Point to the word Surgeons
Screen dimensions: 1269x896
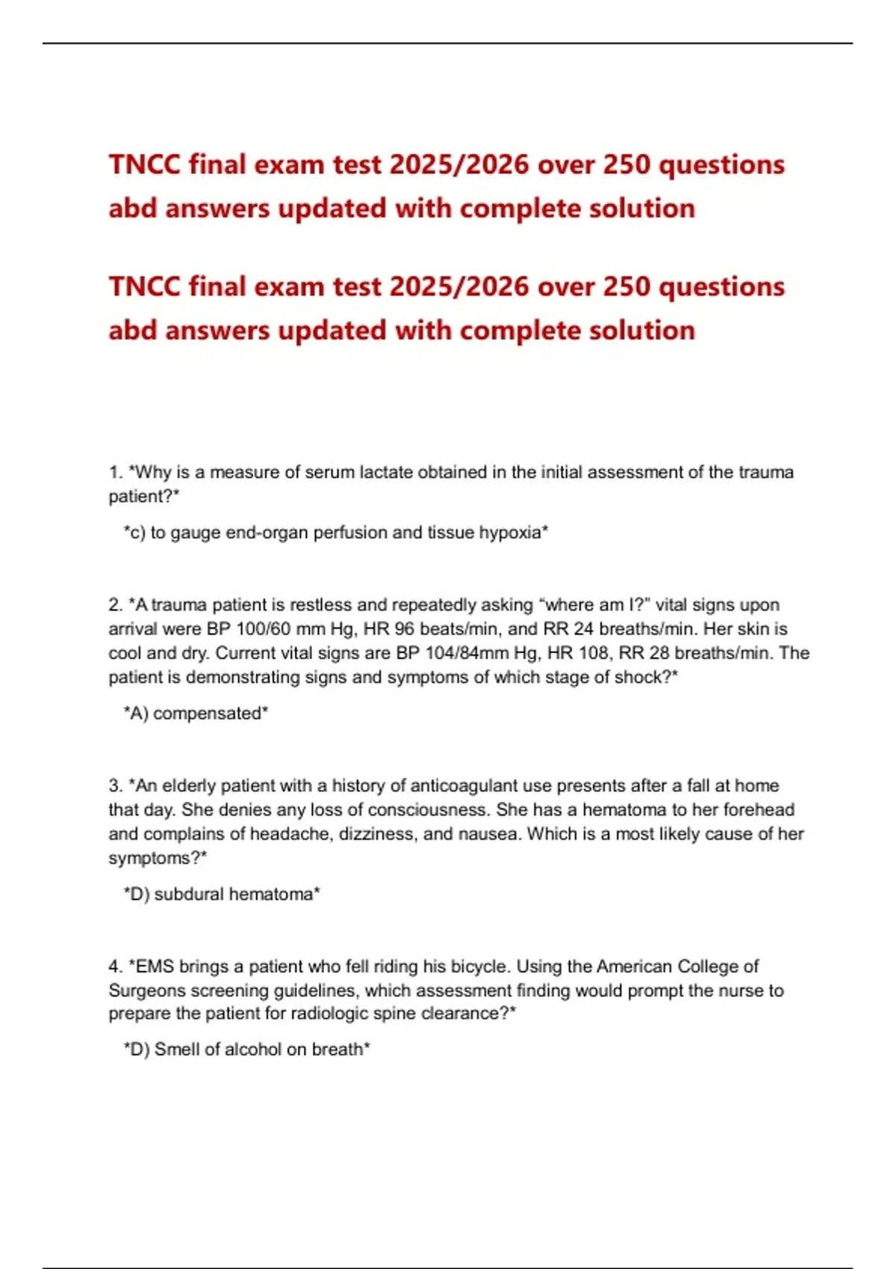pyautogui.click(x=146, y=991)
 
